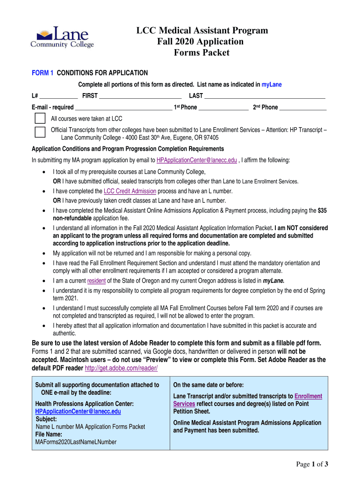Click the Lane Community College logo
point(62,37)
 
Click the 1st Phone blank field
point(223,108)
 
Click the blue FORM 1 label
point(43,73)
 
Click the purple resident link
point(96,281)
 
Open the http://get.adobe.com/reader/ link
point(121,368)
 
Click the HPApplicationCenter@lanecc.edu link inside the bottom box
point(78,411)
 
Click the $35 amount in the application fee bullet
point(322,210)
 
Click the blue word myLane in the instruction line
point(272,85)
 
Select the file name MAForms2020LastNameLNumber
point(76,442)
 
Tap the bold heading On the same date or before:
point(209,385)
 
